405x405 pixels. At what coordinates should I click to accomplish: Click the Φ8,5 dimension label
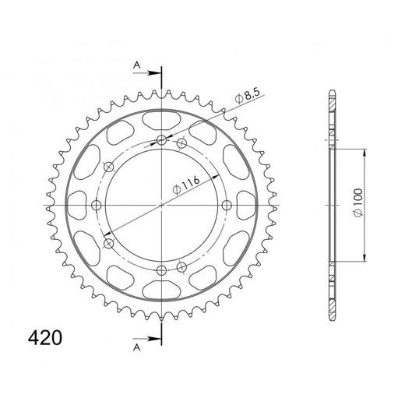click(x=247, y=97)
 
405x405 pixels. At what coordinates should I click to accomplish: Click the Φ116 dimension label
click(x=186, y=185)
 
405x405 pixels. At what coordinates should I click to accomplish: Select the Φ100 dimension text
click(x=358, y=202)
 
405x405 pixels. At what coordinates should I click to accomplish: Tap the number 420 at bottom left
click(x=45, y=338)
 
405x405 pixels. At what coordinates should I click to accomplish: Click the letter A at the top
click(x=137, y=65)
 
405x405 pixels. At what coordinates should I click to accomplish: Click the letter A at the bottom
click(x=137, y=347)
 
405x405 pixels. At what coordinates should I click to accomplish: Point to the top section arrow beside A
click(x=146, y=73)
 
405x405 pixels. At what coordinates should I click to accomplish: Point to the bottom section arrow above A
click(x=146, y=339)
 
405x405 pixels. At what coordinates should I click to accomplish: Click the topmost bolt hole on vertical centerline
click(x=162, y=140)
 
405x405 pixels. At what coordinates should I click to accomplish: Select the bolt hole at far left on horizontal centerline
click(x=97, y=206)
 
